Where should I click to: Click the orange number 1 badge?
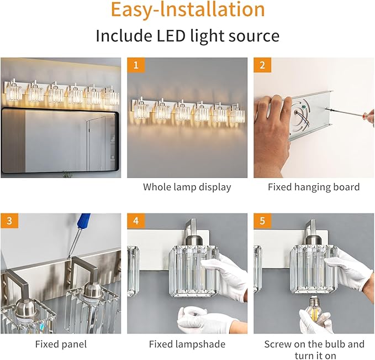[136, 65]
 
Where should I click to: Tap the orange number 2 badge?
[262, 65]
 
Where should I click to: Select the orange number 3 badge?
[9, 221]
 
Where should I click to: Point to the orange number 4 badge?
[136, 221]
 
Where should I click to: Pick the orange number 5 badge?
[262, 221]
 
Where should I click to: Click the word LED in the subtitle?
[171, 36]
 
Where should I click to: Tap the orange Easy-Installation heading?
[188, 9]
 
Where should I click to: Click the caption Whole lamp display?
[187, 187]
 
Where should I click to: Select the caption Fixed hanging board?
[314, 187]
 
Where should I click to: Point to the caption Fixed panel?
[61, 344]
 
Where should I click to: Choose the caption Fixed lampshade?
[187, 344]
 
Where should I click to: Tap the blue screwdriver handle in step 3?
[84, 220]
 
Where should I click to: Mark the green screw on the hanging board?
[304, 107]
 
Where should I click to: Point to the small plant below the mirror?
[67, 174]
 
